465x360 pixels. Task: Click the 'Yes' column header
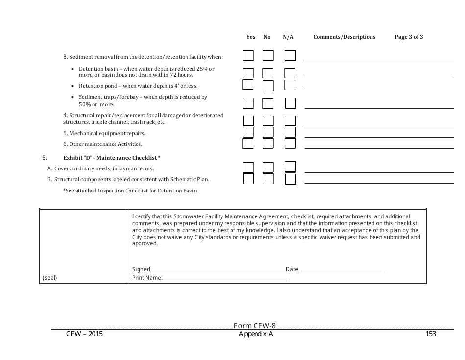(251, 37)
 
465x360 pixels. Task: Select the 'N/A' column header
(288, 37)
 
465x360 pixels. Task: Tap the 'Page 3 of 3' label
(409, 37)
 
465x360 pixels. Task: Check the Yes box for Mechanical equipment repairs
(248, 132)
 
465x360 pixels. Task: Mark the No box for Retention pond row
(268, 85)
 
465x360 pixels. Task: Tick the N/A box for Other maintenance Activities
(290, 144)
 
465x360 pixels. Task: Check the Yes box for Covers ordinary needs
(248, 168)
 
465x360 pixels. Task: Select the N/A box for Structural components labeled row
(290, 179)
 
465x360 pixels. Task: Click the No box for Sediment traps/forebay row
(268, 103)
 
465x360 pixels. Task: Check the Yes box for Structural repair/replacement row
(248, 120)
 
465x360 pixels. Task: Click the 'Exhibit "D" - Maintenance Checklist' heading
(112, 158)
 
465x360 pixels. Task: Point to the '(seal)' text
(49, 278)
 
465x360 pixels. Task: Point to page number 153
(431, 334)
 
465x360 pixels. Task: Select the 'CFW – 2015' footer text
(84, 334)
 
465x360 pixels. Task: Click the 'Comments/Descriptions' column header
(344, 37)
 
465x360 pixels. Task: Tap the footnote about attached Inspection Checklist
(130, 191)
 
